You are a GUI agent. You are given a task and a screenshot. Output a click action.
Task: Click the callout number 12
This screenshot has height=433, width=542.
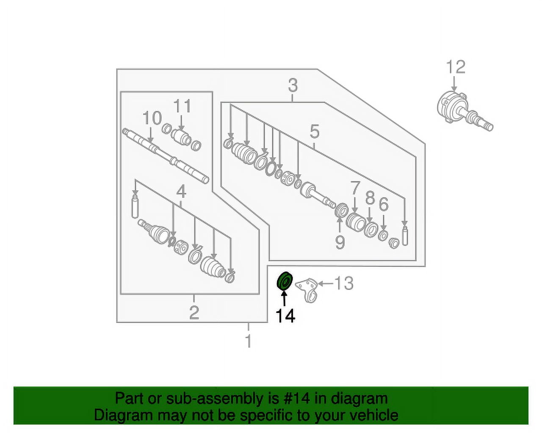coord(456,67)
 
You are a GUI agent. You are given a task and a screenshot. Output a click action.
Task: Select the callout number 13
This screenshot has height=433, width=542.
coord(344,283)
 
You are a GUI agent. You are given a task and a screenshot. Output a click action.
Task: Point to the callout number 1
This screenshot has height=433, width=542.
coord(249,341)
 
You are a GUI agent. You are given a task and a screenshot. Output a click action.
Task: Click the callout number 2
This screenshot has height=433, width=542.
coord(194,313)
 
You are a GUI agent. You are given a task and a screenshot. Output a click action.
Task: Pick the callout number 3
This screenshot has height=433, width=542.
coord(293,85)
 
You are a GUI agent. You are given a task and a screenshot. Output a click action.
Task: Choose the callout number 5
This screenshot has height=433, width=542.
coord(315,132)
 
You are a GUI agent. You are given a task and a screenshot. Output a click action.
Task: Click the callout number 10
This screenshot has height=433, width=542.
coord(152,118)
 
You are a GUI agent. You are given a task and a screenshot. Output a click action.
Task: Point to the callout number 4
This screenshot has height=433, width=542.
coord(181,192)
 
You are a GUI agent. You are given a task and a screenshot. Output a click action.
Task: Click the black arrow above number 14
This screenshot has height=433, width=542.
coord(285,298)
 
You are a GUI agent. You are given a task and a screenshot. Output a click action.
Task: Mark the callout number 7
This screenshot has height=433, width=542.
coord(354,188)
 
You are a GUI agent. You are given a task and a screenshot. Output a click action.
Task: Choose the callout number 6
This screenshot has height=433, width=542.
coord(384,204)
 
